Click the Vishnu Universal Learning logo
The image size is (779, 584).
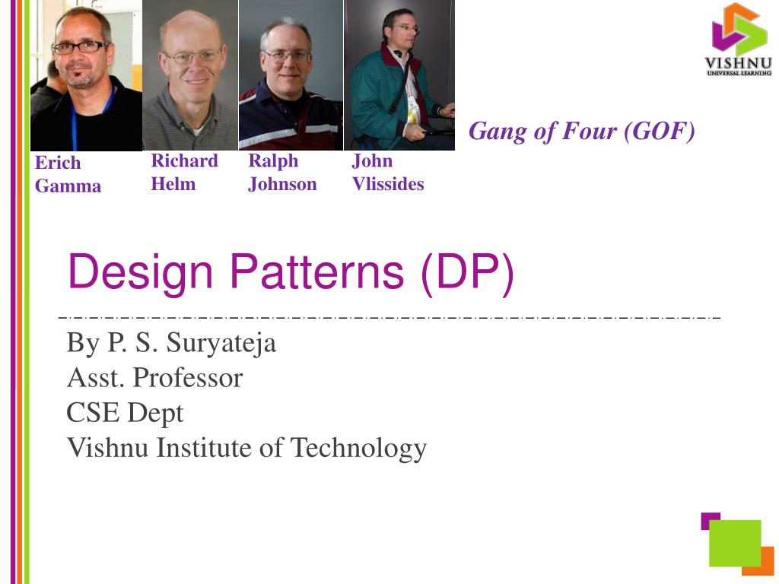[736, 39]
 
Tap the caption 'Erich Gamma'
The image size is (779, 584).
[68, 174]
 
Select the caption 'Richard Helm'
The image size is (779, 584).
[184, 172]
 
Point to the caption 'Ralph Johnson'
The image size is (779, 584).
[282, 172]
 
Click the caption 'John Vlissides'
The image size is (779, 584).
[388, 172]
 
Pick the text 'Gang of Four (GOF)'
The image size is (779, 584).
[582, 132]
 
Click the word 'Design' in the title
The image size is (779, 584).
[141, 271]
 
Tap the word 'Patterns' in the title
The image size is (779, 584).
[316, 271]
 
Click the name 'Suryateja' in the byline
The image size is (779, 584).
[221, 343]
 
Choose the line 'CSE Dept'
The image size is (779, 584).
[125, 413]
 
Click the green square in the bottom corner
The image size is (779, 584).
[735, 543]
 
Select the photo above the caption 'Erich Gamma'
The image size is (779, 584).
[86, 75]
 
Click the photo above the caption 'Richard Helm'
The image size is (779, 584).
[190, 75]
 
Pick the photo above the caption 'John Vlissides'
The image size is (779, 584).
[399, 75]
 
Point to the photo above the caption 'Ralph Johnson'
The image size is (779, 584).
[291, 75]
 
